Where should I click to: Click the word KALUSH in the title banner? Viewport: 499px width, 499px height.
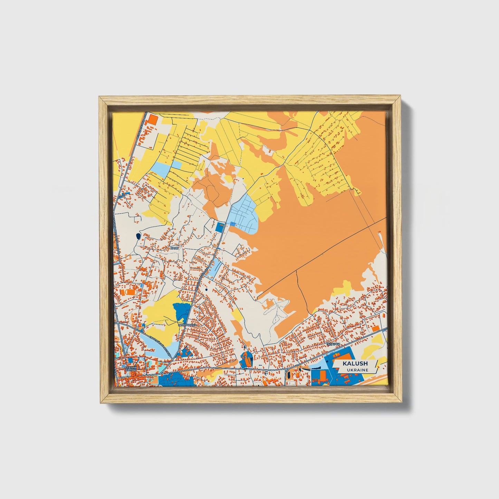click(355, 364)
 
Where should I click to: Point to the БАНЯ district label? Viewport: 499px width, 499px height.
click(175, 248)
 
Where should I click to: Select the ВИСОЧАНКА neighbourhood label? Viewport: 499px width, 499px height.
click(188, 325)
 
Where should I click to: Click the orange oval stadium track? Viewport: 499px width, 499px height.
click(131, 292)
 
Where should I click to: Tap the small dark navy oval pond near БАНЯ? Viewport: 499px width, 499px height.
click(138, 236)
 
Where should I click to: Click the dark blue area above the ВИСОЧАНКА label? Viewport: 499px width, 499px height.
click(182, 311)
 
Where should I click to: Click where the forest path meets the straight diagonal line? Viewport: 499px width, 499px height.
click(297, 270)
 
